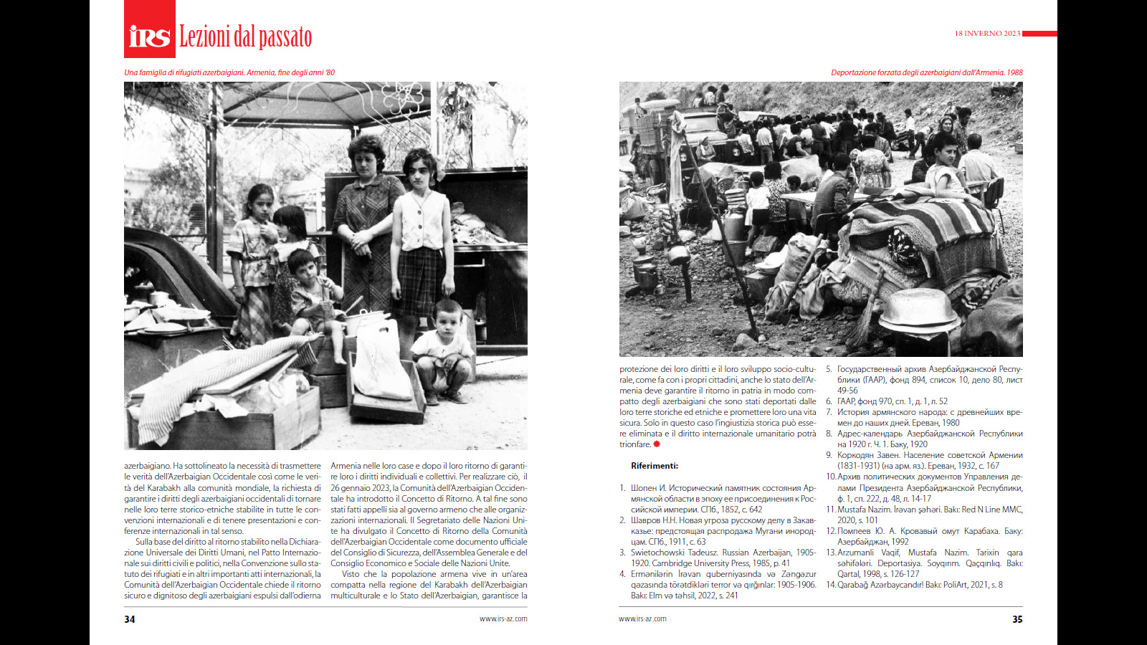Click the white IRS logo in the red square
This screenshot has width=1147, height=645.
coord(149,36)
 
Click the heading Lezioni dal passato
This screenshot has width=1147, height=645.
coord(245,37)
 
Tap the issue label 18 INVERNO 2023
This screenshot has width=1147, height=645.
coord(987,34)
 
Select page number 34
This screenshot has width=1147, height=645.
coord(130,619)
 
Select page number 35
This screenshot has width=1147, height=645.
coord(1017,619)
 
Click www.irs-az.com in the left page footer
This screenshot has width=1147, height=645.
coord(503,618)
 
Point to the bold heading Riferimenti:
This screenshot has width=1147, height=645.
coord(655,466)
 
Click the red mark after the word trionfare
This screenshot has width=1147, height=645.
coord(657,444)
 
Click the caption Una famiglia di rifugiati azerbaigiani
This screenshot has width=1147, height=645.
coord(229,72)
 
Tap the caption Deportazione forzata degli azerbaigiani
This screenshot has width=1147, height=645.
coord(926,72)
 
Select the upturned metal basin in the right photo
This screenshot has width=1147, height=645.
coord(918,308)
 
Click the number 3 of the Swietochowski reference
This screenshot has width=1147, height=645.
coord(622,553)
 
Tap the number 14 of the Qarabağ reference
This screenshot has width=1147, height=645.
coord(831,585)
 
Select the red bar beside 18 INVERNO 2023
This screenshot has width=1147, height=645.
coord(1039,34)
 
